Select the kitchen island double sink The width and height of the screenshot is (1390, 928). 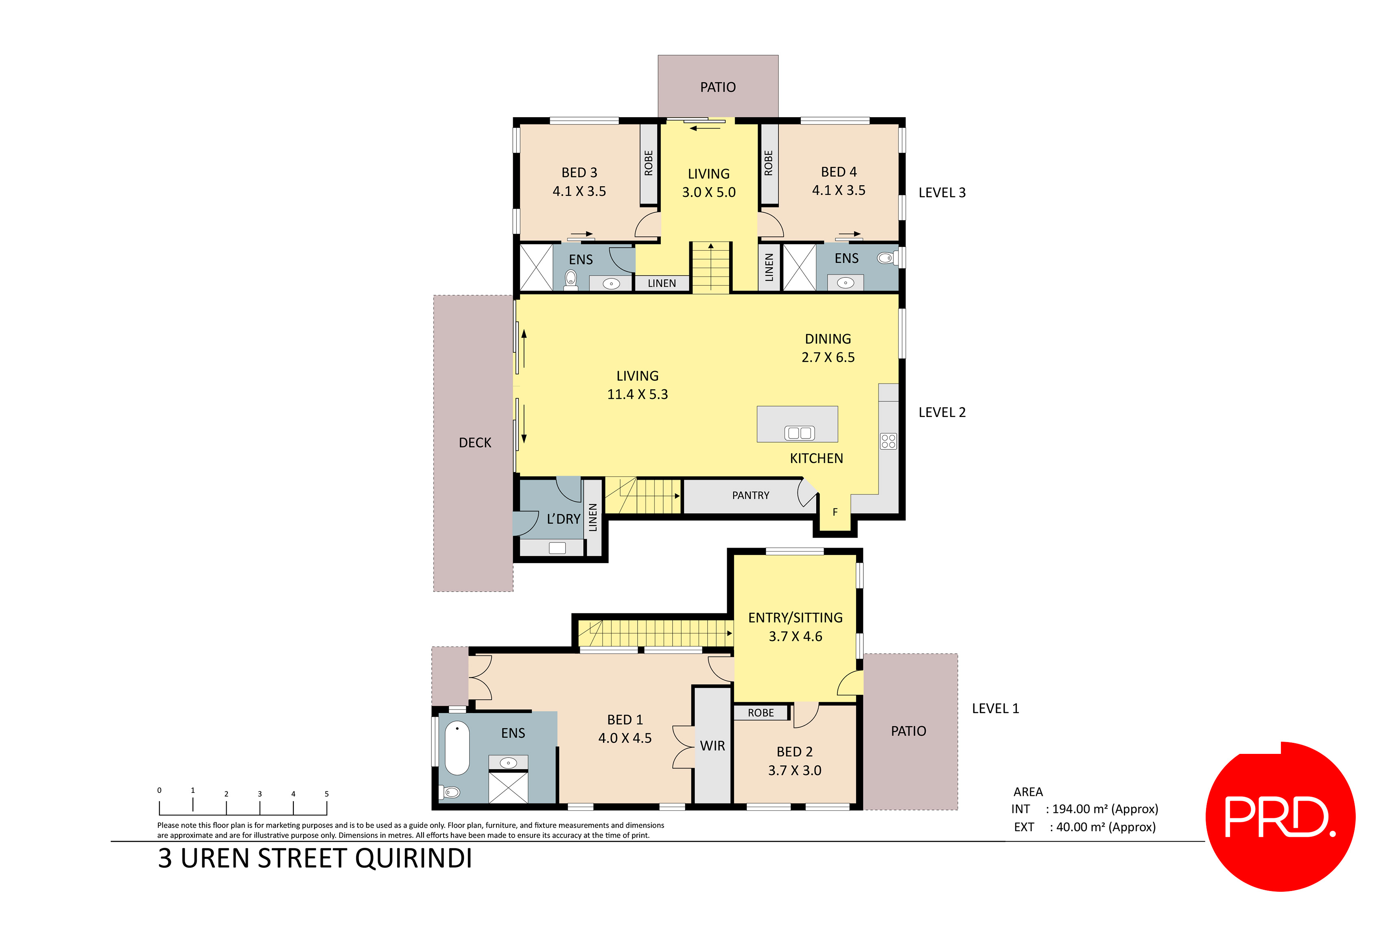pos(799,433)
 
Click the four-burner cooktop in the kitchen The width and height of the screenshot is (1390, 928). pos(888,441)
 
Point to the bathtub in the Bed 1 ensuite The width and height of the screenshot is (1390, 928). pos(457,747)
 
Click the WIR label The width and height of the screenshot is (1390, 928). pos(712,746)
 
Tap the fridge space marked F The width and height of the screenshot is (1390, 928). pos(835,512)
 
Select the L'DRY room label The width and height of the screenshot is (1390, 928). pos(563,519)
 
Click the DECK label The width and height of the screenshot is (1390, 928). pos(475,443)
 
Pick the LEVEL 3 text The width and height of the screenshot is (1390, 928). pos(941,193)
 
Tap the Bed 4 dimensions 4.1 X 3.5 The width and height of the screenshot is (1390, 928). pos(838,190)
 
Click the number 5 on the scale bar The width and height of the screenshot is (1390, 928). pos(326,794)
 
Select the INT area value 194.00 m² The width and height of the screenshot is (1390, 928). pos(1101,809)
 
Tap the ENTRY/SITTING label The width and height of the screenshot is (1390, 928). pos(795,618)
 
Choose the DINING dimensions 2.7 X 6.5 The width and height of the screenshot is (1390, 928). pos(828,358)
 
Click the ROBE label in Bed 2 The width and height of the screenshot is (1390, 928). pos(760,713)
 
